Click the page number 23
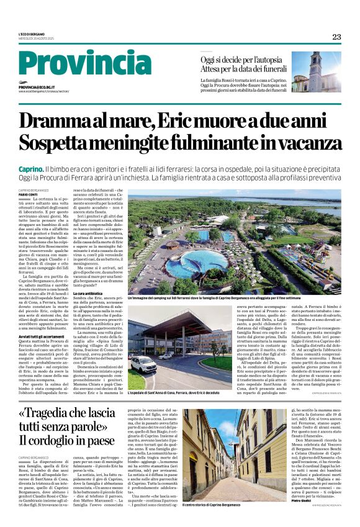coord(336,37)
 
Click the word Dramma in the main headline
coord(71,120)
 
